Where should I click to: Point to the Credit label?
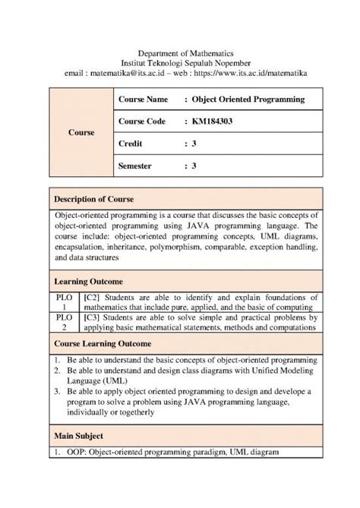click(131, 143)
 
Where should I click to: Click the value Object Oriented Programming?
click(248, 99)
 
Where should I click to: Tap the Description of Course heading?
click(93, 199)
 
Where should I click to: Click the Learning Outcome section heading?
click(88, 282)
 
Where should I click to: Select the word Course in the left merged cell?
click(81, 132)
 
